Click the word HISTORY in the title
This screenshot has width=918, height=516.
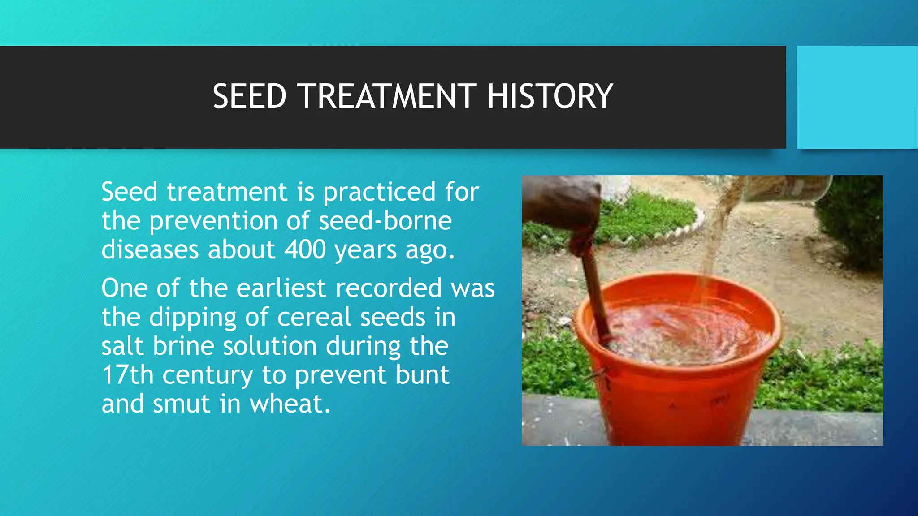(x=550, y=96)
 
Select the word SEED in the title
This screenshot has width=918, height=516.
(x=249, y=96)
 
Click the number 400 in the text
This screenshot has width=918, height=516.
(x=305, y=249)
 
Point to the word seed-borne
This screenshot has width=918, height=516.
(x=385, y=220)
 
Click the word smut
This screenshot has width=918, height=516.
(x=181, y=404)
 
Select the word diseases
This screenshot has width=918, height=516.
(x=150, y=249)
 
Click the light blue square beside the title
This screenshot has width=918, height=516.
(x=857, y=97)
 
